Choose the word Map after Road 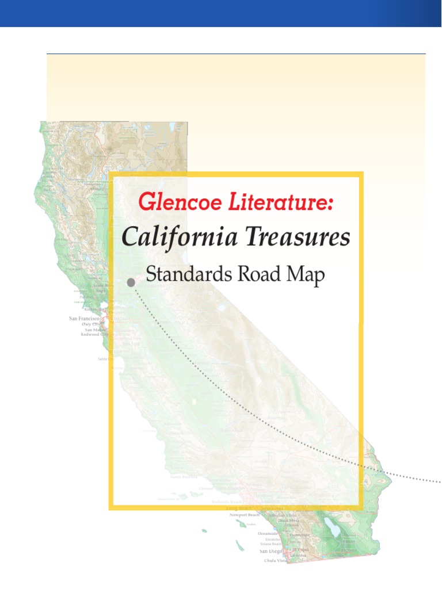[305, 276]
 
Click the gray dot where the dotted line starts [131, 282]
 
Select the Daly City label [91, 324]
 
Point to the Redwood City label [94, 334]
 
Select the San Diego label [270, 551]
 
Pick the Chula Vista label [276, 560]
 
